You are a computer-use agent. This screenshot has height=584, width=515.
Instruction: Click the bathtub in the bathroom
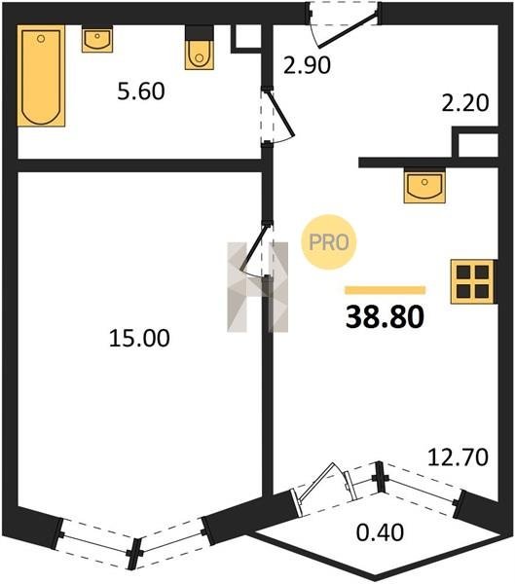coord(41,76)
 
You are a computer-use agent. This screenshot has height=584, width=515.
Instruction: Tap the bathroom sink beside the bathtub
coord(97,40)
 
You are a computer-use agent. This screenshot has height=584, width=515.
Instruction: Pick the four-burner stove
coord(472,281)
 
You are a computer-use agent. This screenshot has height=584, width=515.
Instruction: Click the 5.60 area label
coord(141,91)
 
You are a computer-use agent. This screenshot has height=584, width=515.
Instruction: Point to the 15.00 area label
coord(139,338)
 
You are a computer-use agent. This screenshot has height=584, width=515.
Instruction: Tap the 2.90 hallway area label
coord(307,65)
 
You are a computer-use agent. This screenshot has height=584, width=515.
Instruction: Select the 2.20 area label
coord(465,103)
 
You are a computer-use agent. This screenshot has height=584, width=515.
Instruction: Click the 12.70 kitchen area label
coord(458,457)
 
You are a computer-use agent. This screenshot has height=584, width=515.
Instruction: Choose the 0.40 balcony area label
coord(380,532)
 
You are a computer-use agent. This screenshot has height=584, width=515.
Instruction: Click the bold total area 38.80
coord(385,317)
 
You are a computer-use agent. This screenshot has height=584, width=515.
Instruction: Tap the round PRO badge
coord(329,242)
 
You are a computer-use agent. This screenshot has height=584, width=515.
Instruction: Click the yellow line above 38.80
coord(386,290)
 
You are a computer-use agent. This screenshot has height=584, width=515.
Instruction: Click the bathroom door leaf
coord(282,114)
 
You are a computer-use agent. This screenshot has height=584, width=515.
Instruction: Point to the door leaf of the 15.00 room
coord(254,247)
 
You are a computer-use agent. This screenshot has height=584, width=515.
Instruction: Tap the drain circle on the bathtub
coord(41,38)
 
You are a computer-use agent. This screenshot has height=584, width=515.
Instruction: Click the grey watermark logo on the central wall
coord(257,287)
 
